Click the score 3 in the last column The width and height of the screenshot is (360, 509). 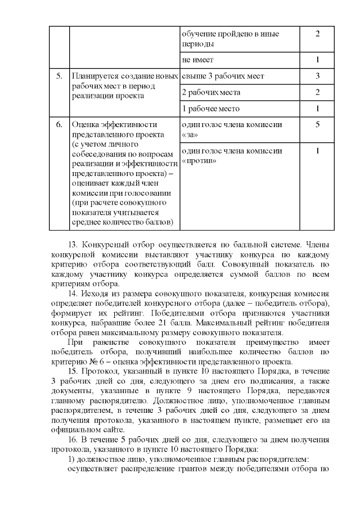tap(318, 76)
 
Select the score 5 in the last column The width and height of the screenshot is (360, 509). tap(318, 125)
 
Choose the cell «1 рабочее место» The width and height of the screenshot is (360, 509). tap(210, 109)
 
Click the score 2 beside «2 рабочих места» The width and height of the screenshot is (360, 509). tap(318, 92)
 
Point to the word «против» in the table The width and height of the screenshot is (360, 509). tap(200, 161)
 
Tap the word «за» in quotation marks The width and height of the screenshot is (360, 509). tap(188, 136)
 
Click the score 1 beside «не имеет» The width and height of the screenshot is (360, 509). tap(318, 60)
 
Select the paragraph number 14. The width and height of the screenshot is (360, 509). tap(72, 294)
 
